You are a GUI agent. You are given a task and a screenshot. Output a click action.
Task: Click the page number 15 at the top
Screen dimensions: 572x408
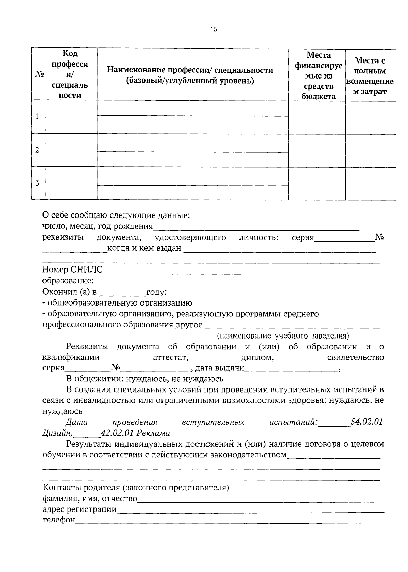tap(214, 29)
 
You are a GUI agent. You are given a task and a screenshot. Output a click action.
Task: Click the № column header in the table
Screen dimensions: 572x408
tap(39, 74)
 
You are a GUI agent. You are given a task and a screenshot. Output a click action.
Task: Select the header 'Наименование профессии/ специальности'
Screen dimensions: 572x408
tap(190, 75)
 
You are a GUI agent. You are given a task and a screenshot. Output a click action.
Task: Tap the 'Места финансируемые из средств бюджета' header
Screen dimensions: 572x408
tap(318, 75)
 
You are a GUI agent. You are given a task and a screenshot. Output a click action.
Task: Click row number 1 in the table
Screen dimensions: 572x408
tap(37, 117)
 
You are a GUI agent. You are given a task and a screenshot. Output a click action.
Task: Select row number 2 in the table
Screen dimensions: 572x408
tap(37, 150)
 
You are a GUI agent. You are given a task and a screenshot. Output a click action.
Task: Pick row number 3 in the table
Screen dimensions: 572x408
tap(37, 183)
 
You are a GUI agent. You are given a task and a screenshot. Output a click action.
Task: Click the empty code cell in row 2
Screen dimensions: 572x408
tap(71, 150)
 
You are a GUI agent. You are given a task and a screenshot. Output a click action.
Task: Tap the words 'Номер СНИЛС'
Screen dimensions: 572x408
tap(72, 270)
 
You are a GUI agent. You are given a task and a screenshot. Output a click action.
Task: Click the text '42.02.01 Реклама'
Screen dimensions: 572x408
tap(135, 433)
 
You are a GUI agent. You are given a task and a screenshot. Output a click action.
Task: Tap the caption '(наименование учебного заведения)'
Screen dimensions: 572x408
tap(283, 336)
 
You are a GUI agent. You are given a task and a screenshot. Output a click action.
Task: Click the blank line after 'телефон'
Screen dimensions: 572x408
tap(228, 521)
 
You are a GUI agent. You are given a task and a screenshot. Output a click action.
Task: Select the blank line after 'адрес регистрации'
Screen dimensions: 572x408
tap(250, 510)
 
